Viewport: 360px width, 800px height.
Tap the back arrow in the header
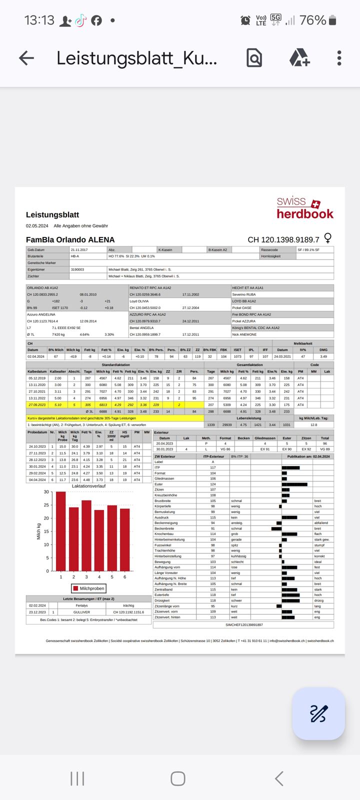[x=26, y=58]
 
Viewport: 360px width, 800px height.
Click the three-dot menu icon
[x=339, y=58]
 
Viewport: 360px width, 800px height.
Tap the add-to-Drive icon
[x=299, y=58]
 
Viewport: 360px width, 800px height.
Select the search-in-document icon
[x=254, y=58]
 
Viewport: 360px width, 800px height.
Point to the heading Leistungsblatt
[x=52, y=215]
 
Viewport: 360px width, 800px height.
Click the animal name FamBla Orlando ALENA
[x=70, y=240]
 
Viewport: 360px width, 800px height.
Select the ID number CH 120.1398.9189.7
[x=283, y=240]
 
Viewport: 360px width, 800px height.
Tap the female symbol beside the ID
[x=328, y=238]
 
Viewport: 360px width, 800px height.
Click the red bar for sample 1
[x=61, y=531]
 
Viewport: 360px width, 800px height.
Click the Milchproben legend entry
[x=88, y=588]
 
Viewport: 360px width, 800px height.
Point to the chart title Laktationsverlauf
[x=88, y=486]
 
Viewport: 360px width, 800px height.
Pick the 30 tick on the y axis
[x=46, y=492]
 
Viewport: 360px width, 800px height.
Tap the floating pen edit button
[x=318, y=713]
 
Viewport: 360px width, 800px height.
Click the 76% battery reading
[x=312, y=20]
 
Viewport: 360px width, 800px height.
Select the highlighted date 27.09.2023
[x=37, y=405]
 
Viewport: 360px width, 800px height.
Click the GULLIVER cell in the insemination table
[x=81, y=612]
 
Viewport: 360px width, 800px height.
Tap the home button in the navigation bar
[x=178, y=778]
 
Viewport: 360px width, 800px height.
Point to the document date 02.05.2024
[x=37, y=226]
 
